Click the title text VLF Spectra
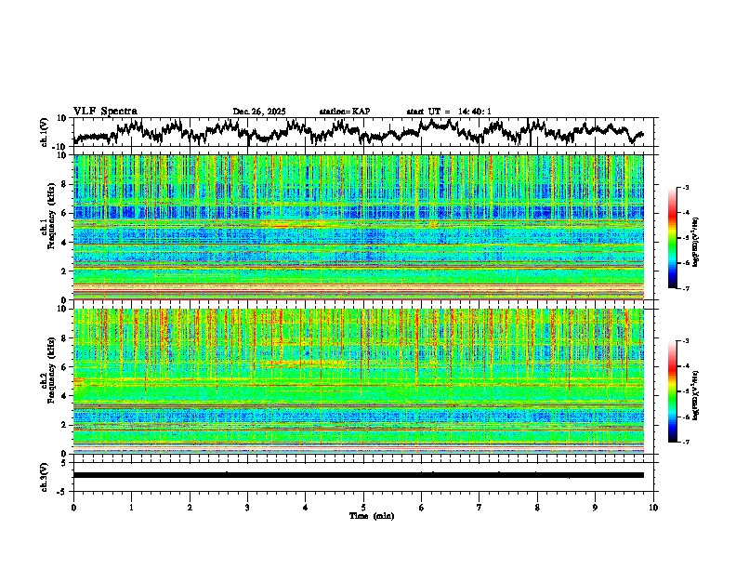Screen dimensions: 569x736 coord(105,112)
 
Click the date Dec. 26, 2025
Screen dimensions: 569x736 coord(259,112)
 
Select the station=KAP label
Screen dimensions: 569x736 coord(344,112)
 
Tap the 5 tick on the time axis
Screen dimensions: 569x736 coord(363,507)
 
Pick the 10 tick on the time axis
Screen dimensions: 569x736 coord(653,507)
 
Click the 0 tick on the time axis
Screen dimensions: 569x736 coord(73,507)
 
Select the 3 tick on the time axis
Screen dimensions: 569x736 coord(247,507)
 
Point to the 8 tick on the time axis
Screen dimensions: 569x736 coord(537,507)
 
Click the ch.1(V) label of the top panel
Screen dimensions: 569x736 coord(45,132)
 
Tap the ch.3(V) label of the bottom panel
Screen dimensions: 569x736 coord(45,475)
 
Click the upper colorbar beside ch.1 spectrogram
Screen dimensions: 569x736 coord(674,238)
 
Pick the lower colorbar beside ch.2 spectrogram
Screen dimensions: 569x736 coord(674,390)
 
